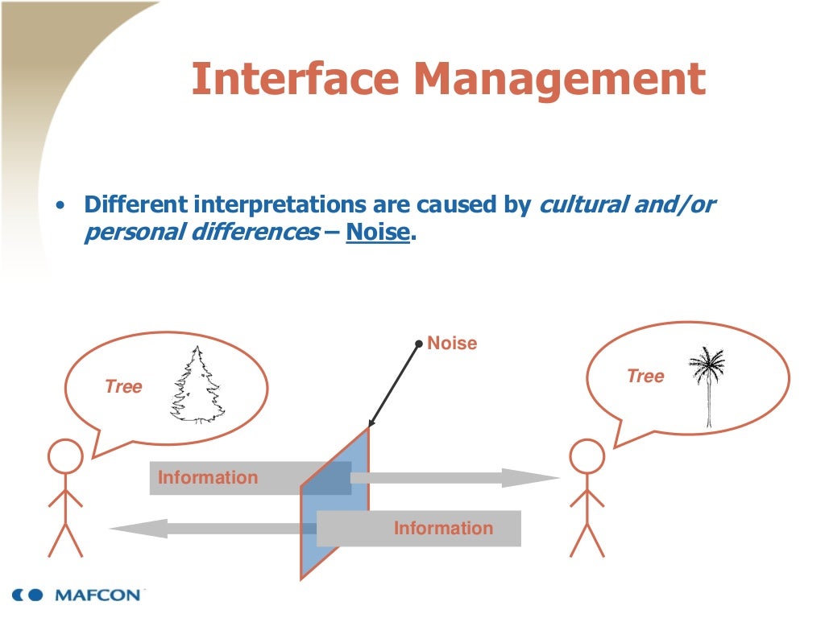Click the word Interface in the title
[295, 79]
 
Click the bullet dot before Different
[59, 205]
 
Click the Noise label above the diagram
[452, 344]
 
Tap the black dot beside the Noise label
[418, 344]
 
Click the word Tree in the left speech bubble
[123, 387]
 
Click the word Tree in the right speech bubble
[645, 377]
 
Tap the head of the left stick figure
[65, 456]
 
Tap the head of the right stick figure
[587, 456]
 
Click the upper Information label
[208, 478]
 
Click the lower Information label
[443, 529]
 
